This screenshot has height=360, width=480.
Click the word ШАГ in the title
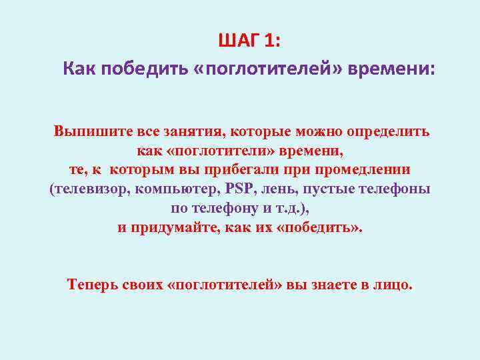click(x=237, y=41)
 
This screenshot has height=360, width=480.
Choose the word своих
click(x=143, y=285)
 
